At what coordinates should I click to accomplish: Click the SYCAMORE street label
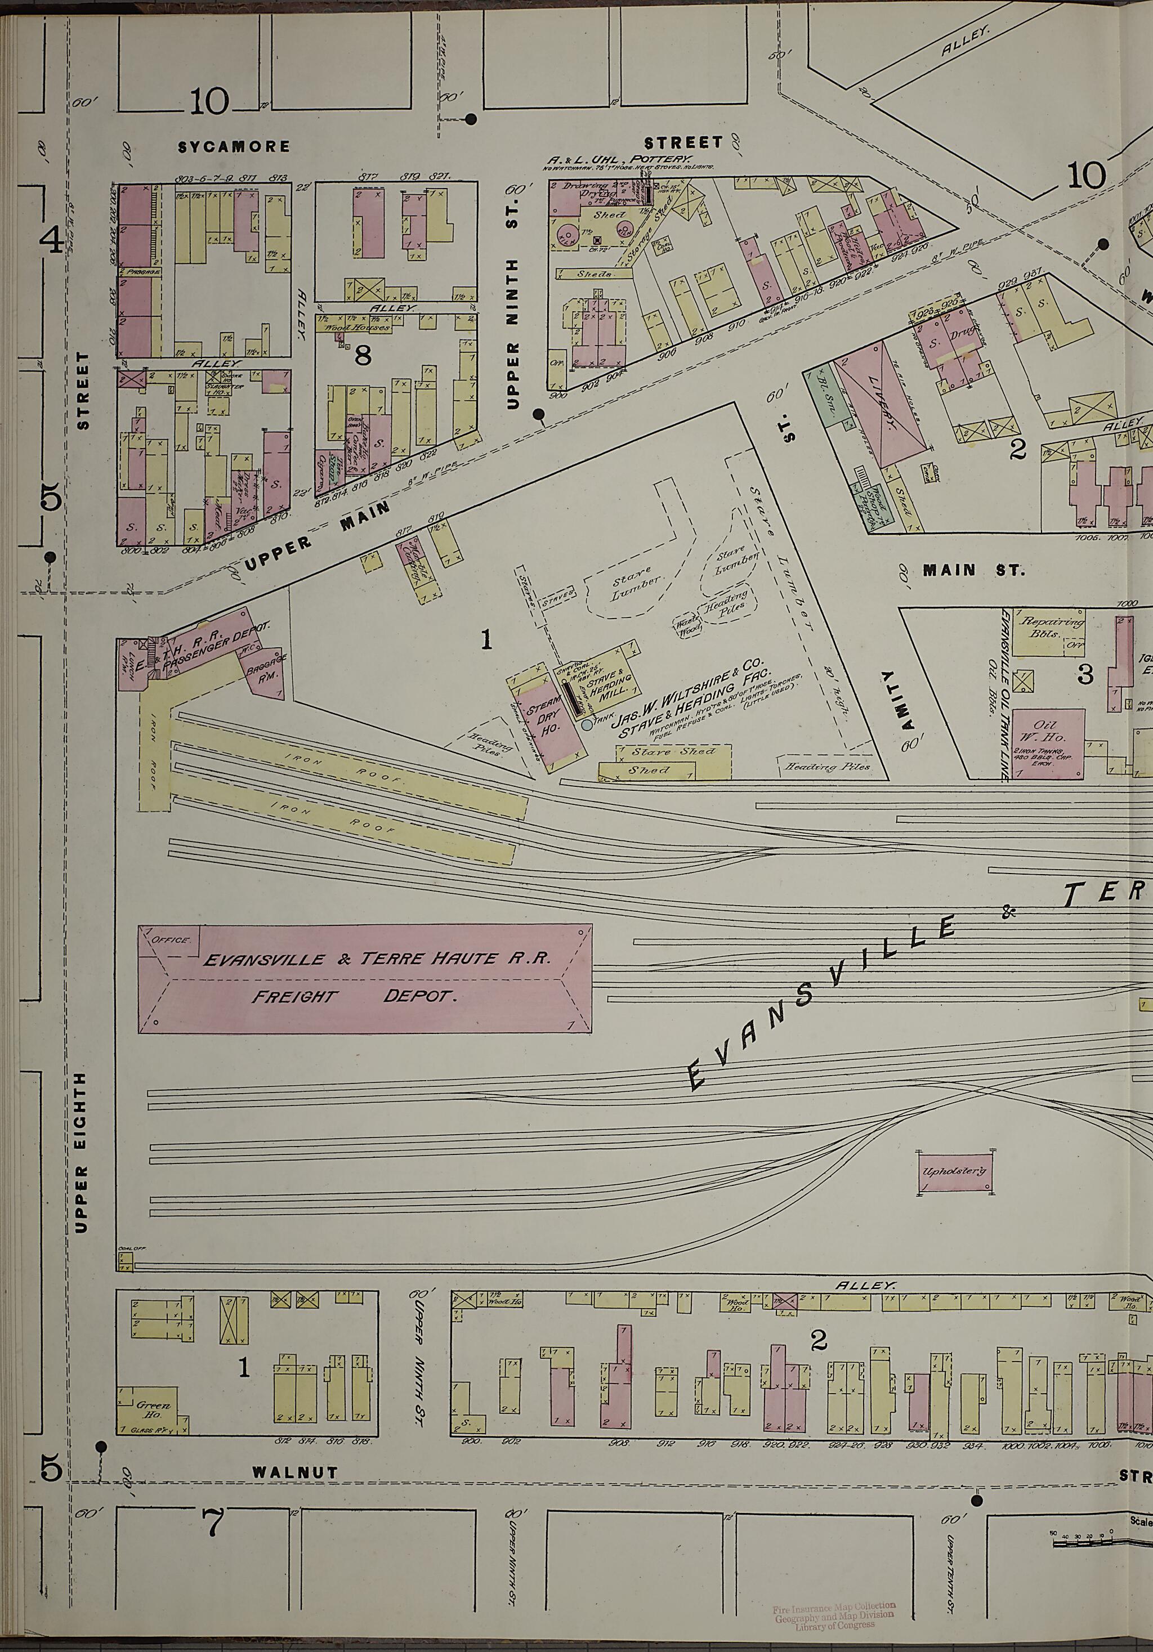[234, 147]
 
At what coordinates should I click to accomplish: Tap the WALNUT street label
[294, 1487]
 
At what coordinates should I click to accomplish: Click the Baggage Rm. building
[268, 673]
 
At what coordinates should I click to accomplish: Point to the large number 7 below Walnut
[213, 1539]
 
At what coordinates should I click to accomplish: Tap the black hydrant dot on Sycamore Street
[471, 119]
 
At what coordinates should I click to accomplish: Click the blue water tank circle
[587, 726]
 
